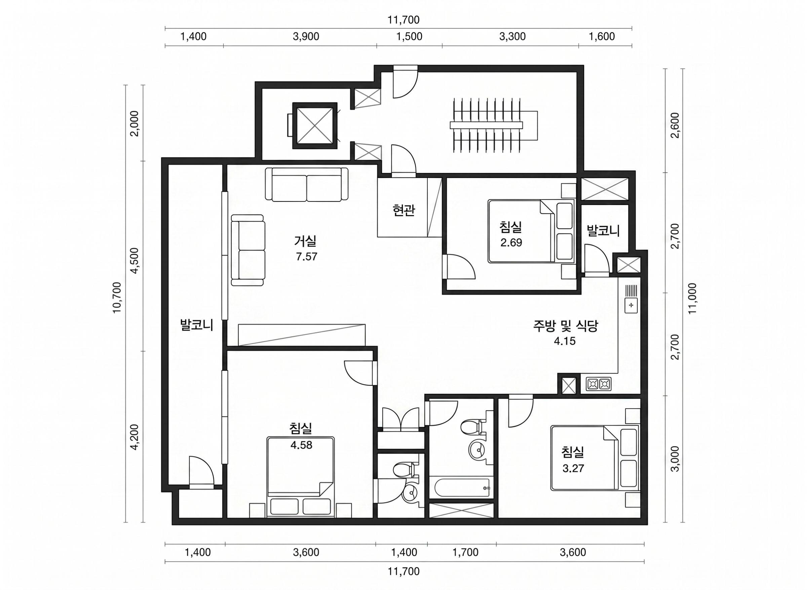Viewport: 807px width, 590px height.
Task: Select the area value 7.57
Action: (306, 257)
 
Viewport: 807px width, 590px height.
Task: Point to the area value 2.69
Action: (511, 243)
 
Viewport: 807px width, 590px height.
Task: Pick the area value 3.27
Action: (573, 468)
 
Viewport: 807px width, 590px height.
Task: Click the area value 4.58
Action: (301, 445)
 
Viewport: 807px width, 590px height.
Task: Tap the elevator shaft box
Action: (315, 126)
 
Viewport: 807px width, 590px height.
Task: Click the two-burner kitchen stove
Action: (599, 384)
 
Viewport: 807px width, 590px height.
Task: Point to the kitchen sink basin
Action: (631, 305)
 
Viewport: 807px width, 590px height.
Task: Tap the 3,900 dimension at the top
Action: (306, 36)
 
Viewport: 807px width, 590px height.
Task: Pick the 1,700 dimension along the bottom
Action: (465, 552)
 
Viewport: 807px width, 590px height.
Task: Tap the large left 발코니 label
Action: (196, 325)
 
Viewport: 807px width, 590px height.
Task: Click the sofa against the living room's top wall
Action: (306, 184)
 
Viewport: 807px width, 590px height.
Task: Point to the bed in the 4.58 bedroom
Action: (301, 477)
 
